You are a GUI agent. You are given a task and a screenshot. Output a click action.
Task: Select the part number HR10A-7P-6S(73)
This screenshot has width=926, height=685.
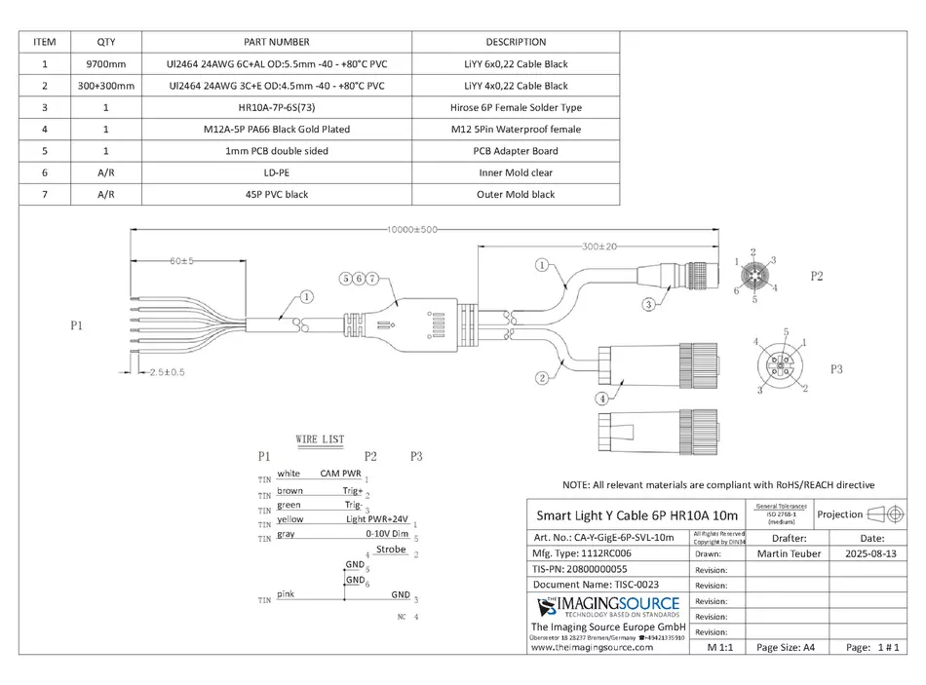click(x=275, y=107)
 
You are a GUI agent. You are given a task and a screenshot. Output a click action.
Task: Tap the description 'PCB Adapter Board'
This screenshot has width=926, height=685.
click(x=516, y=151)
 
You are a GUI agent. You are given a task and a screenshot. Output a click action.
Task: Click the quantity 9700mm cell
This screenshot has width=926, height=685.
click(x=105, y=64)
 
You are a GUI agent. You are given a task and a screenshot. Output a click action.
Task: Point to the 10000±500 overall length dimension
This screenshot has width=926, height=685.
click(x=409, y=230)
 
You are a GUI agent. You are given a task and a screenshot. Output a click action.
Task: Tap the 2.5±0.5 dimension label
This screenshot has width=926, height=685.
click(x=167, y=372)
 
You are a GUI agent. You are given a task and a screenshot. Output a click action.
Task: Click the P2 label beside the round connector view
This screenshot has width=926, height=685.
click(x=817, y=277)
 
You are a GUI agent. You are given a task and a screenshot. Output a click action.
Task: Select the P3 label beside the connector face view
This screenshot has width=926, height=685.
click(x=836, y=370)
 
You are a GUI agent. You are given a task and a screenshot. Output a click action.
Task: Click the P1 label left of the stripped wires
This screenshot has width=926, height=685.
click(x=77, y=326)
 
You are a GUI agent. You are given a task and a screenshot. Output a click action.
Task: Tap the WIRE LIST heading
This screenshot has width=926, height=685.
click(x=320, y=439)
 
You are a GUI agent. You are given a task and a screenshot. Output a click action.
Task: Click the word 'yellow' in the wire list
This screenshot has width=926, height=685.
click(x=289, y=519)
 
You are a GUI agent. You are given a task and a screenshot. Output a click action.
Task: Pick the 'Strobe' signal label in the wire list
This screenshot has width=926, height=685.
click(x=390, y=550)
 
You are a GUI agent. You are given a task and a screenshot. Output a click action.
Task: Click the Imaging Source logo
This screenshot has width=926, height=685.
click(x=607, y=609)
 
